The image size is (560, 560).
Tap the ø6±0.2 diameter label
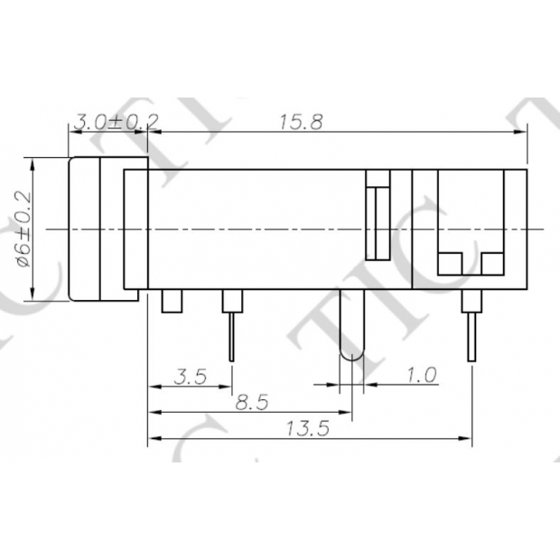point(23,229)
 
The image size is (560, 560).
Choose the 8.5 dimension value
point(251,403)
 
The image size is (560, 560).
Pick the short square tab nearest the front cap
point(172,302)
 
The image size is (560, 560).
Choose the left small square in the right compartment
point(449,263)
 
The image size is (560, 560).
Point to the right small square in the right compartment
point(492,263)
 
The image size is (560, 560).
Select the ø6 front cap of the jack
point(97,229)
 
